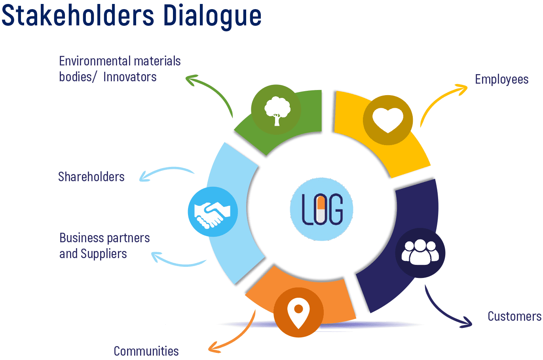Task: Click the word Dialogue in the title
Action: coord(212,16)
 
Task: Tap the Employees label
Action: coord(501,79)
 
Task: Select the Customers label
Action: coord(514,316)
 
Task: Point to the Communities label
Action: coord(146,351)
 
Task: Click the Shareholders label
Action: coord(91,177)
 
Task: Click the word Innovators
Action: coord(130,77)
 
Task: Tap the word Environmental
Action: coord(89,61)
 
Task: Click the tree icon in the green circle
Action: coord(277,109)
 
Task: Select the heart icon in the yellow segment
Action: coord(388,120)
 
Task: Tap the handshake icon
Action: coord(213,212)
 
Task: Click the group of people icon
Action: coord(420,253)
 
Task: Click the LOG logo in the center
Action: coord(322,209)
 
